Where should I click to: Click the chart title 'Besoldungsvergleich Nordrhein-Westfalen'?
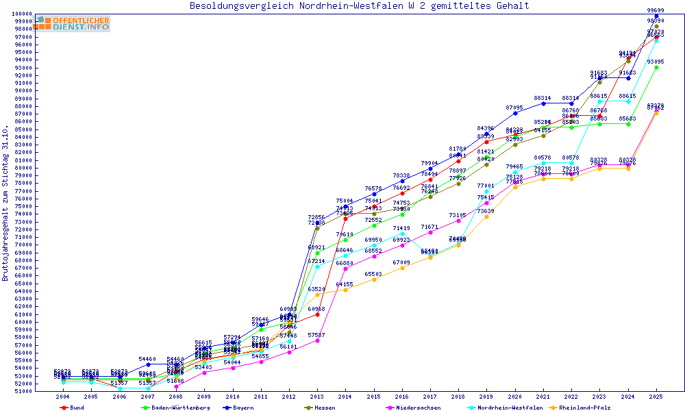coord(360,6)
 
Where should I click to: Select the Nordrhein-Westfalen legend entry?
coord(510,408)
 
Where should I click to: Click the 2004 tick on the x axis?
coord(63,397)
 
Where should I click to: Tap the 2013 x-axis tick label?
coord(317,397)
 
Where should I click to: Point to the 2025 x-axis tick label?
coord(656,397)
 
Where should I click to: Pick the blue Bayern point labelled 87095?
coord(514,113)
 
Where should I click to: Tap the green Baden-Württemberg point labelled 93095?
coord(656,67)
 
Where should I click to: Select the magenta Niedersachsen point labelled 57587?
coord(317,340)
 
